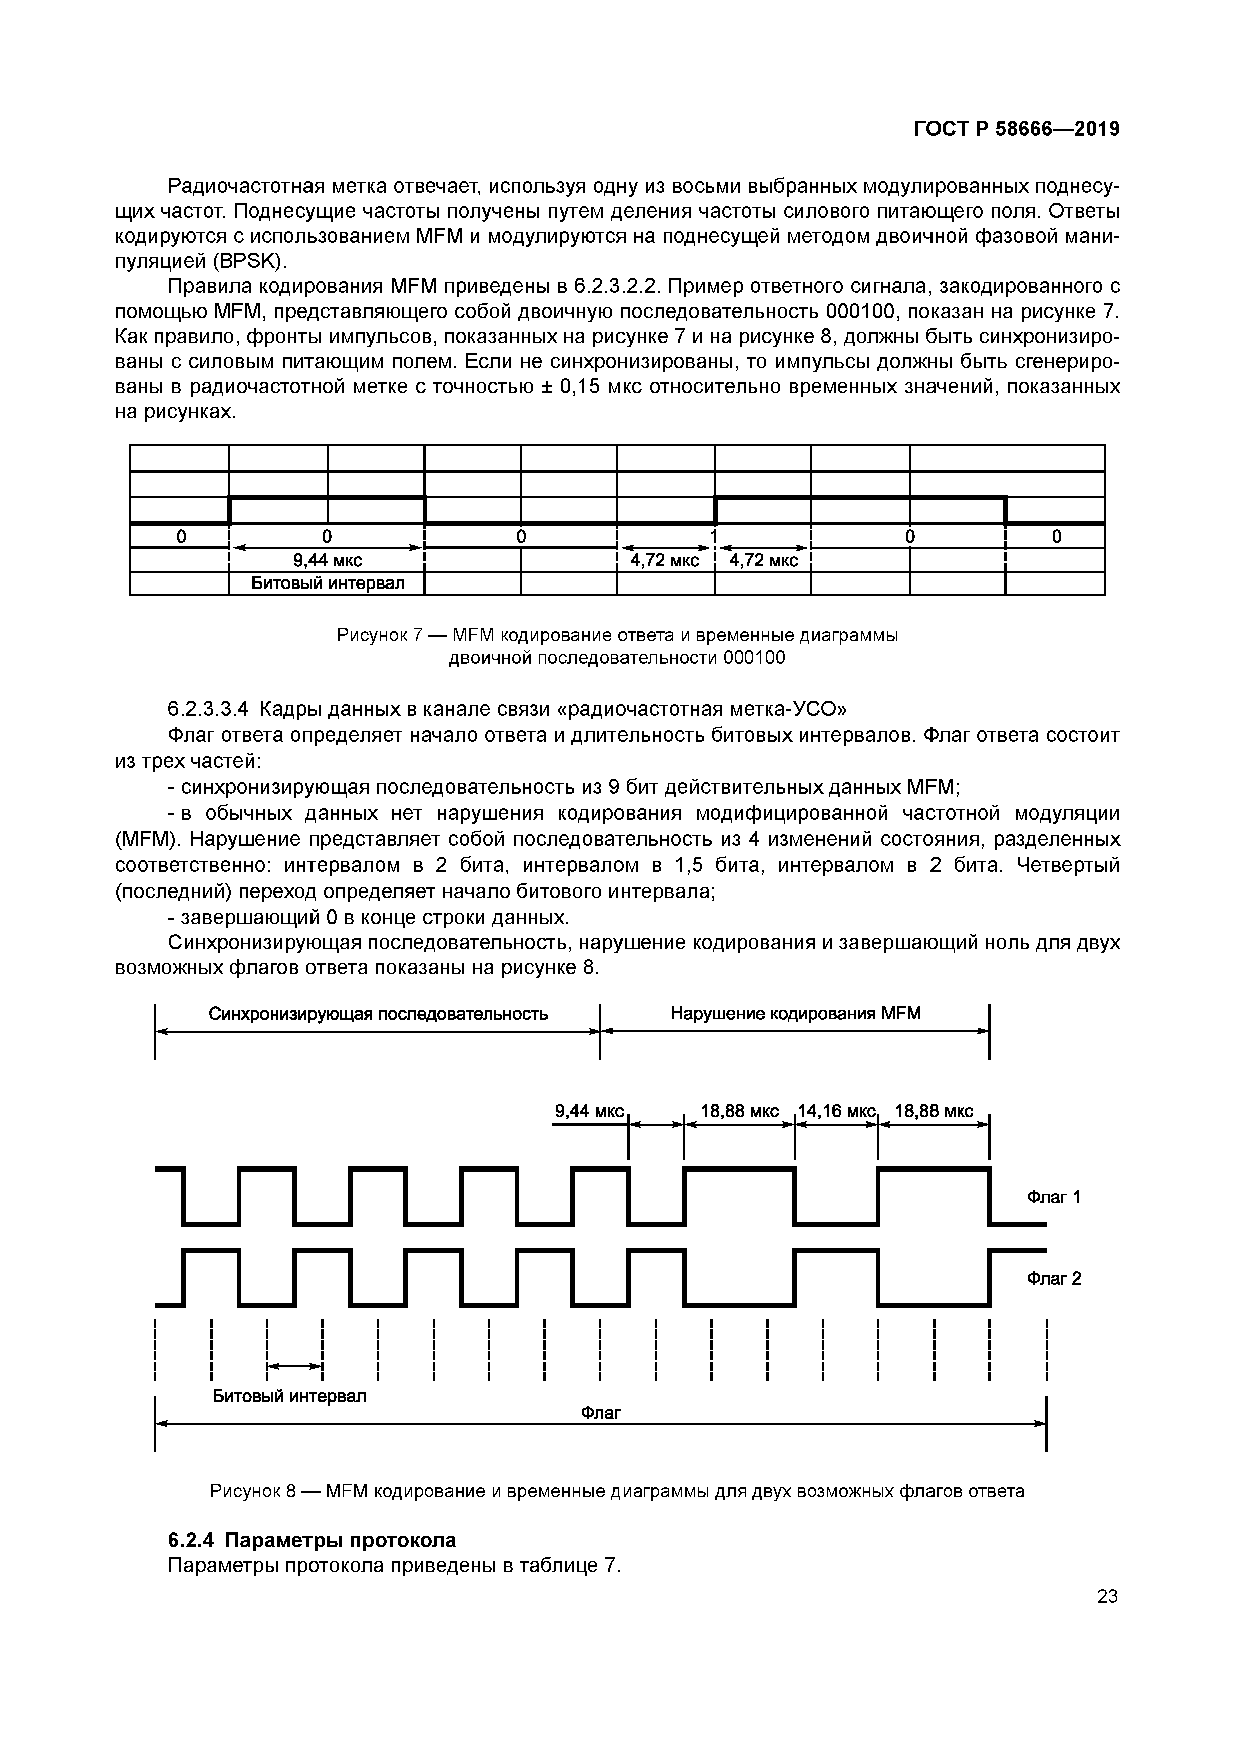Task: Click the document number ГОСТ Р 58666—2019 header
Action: coord(1017,129)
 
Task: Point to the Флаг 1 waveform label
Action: coord(1053,1197)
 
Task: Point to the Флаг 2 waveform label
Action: coord(1054,1279)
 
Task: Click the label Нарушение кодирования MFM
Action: coord(795,1014)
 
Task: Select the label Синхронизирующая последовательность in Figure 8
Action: coord(378,1014)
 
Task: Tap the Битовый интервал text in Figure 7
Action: coord(328,584)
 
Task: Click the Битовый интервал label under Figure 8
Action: coord(289,1396)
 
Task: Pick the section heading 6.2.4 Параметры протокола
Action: coord(312,1540)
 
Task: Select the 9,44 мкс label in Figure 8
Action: coord(589,1111)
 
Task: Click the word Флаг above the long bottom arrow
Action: coord(601,1412)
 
